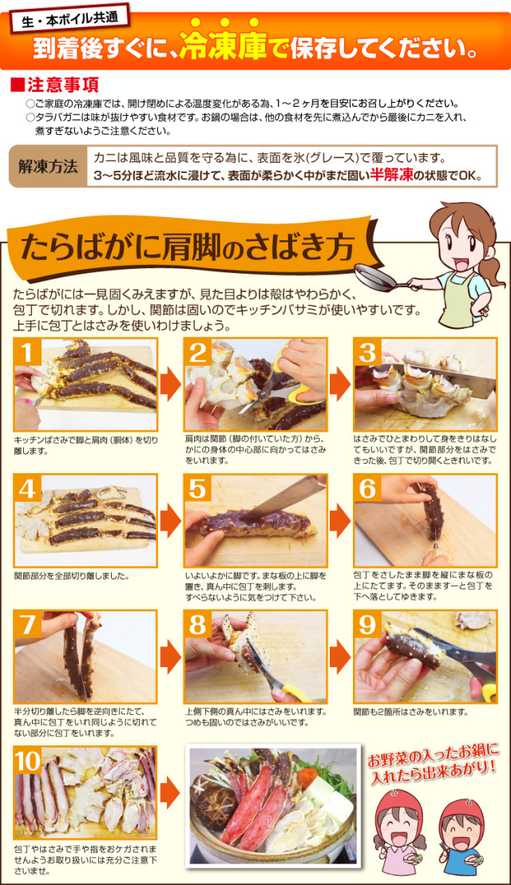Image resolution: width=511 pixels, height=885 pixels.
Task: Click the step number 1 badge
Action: (x=26, y=353)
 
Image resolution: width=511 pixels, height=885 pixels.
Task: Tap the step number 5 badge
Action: (x=197, y=488)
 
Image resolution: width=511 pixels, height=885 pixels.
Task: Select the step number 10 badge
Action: (x=28, y=761)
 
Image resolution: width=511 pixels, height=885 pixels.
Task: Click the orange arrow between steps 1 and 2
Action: (x=170, y=383)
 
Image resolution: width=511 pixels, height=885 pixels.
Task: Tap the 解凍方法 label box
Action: (x=47, y=167)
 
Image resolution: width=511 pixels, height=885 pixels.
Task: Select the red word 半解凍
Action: (x=392, y=176)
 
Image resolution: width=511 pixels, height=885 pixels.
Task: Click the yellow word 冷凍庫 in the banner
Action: (x=224, y=46)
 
